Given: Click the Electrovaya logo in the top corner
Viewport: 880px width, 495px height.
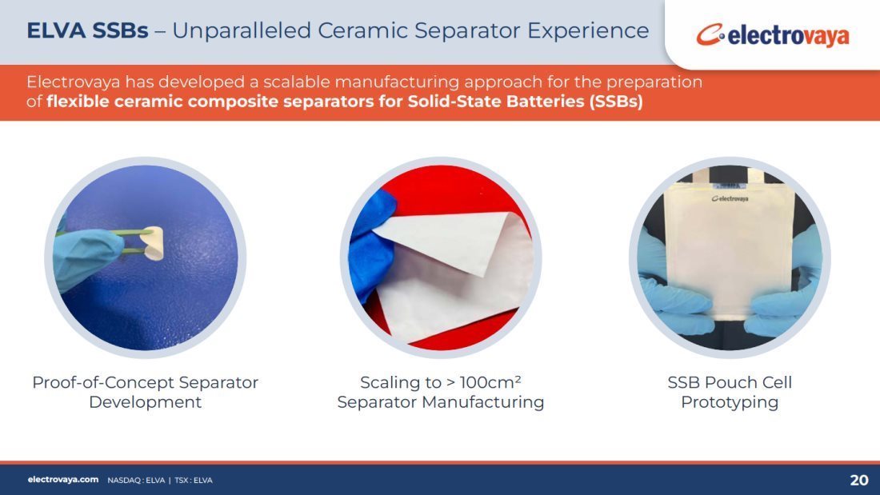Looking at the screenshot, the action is [773, 35].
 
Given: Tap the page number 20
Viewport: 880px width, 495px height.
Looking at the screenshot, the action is [859, 480].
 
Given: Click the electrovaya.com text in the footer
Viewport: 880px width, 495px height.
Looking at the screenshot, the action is [63, 479].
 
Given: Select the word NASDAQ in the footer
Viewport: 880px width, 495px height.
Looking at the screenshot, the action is [125, 481].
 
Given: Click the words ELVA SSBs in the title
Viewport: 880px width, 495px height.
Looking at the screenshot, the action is [87, 30].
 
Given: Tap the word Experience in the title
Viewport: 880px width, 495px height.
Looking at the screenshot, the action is [588, 31].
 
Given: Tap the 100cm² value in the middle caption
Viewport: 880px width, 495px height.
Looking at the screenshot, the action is [490, 382].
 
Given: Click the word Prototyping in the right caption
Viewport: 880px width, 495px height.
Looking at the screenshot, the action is [729, 402].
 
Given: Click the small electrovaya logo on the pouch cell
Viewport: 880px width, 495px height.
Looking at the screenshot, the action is [730, 198].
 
